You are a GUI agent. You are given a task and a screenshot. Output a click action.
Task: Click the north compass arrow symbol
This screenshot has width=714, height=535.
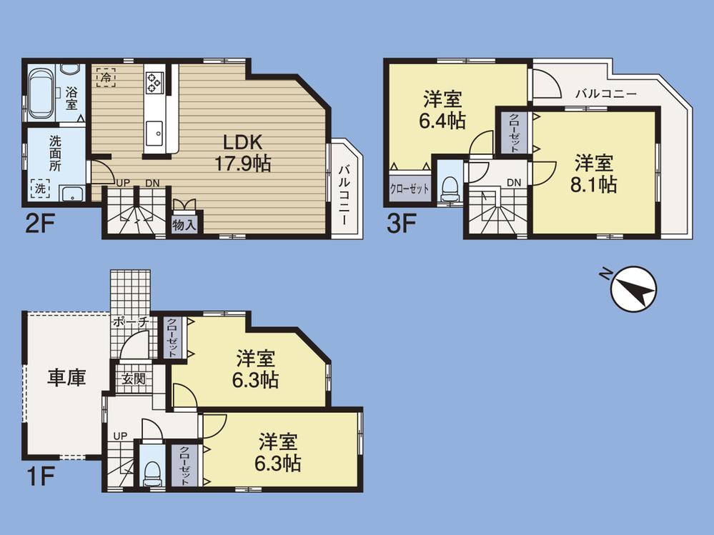coord(634,289)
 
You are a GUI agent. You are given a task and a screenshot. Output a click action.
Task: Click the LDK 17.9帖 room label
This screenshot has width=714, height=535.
coord(243,153)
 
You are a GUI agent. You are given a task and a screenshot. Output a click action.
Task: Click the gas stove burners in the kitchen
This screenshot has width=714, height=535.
coord(155,81)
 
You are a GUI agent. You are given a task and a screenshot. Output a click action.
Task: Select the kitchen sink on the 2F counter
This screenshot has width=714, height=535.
coord(155,133)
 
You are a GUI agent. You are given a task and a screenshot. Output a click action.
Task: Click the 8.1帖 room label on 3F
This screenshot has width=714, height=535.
coord(593,174)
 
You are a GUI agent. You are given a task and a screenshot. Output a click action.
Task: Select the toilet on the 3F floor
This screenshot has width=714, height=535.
coord(450,187)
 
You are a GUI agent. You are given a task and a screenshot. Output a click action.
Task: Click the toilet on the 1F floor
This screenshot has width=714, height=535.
coord(151,469)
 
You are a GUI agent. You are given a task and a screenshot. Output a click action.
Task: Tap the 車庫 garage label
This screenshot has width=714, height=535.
coord(66,377)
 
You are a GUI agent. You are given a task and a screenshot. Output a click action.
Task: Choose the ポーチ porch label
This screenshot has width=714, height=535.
coord(129,322)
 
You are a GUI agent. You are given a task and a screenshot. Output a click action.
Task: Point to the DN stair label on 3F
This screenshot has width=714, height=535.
coord(513,183)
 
